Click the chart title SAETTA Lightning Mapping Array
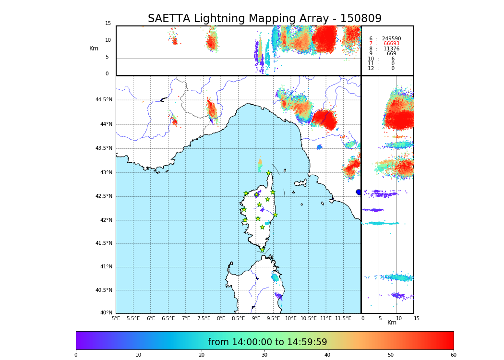point(264,19)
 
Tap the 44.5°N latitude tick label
point(104,100)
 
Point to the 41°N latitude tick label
point(106,267)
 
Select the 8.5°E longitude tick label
point(238,318)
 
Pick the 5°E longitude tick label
point(116,318)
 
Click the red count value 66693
point(391,44)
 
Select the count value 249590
point(391,39)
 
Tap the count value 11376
point(391,49)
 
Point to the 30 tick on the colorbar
point(264,355)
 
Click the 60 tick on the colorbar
point(453,355)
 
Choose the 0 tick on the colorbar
point(76,355)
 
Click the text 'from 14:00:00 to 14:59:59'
point(267,342)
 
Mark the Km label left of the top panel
point(94,48)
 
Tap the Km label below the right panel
point(392,323)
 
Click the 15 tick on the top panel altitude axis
point(108,24)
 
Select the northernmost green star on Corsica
point(269,173)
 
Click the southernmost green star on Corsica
point(262,250)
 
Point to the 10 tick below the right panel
point(399,318)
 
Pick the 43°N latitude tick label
point(106,172)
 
